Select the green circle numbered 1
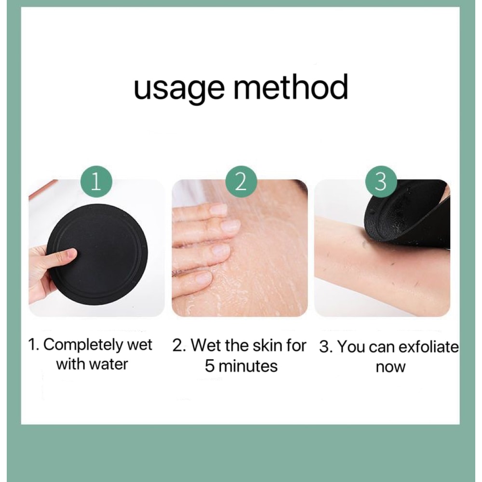click(96, 183)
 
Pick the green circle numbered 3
click(381, 183)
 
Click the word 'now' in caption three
click(390, 367)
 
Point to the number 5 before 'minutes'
click(210, 366)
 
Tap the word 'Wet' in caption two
click(205, 345)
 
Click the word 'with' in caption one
click(69, 364)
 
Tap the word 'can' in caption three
click(378, 347)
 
